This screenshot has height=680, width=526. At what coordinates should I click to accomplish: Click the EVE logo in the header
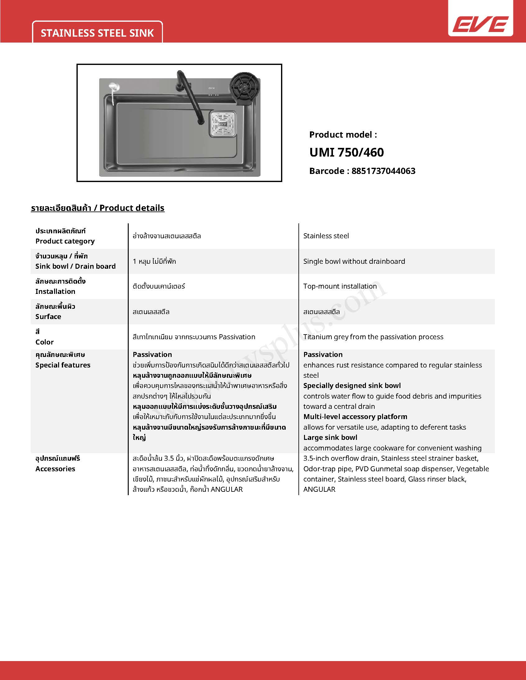point(481,24)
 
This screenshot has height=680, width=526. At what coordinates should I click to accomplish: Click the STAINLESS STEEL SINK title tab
point(97,33)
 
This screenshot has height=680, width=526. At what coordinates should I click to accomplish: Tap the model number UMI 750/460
point(347,153)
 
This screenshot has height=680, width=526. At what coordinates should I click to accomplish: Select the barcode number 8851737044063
point(383,171)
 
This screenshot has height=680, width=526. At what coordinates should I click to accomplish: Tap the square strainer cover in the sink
point(223,124)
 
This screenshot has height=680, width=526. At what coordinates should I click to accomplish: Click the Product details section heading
point(98,208)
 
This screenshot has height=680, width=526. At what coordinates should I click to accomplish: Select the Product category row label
point(65,241)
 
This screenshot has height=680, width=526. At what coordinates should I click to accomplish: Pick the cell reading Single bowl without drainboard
point(354,261)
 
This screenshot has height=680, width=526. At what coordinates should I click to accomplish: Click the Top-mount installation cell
point(340,286)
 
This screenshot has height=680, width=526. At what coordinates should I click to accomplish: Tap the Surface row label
point(48,317)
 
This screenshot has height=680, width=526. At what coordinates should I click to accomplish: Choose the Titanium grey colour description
point(373,337)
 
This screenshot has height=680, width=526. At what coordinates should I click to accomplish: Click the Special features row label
point(62,365)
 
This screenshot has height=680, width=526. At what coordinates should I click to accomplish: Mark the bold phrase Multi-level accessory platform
point(355,417)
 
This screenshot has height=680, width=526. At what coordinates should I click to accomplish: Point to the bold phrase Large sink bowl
point(330,437)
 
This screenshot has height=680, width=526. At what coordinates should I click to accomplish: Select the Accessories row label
point(55,469)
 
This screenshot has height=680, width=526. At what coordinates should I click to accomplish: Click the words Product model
point(343,135)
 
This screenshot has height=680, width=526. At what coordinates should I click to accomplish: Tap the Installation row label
point(55,291)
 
